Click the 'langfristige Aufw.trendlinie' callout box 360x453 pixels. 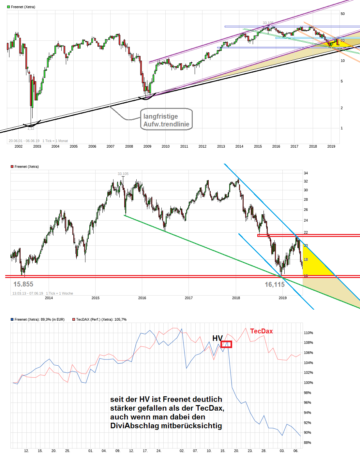[166, 120]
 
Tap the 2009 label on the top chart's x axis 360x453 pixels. [147, 146]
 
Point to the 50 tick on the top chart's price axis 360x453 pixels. [343, 14]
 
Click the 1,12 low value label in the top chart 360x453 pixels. [31, 128]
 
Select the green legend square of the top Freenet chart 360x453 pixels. [9, 7]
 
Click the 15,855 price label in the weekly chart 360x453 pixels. [23, 284]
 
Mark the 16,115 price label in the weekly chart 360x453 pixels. [275, 285]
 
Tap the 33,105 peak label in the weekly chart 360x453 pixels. [123, 174]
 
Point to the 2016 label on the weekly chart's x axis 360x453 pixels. [142, 298]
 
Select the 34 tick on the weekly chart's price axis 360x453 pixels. [306, 173]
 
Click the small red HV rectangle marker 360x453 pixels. [226, 344]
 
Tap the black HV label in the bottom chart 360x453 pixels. [217, 338]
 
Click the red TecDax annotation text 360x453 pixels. [262, 331]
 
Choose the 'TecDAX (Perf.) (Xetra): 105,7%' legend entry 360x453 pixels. [101, 319]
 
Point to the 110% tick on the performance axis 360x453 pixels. [308, 333]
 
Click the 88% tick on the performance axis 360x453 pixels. [307, 443]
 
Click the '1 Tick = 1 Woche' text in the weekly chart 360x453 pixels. [59, 293]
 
